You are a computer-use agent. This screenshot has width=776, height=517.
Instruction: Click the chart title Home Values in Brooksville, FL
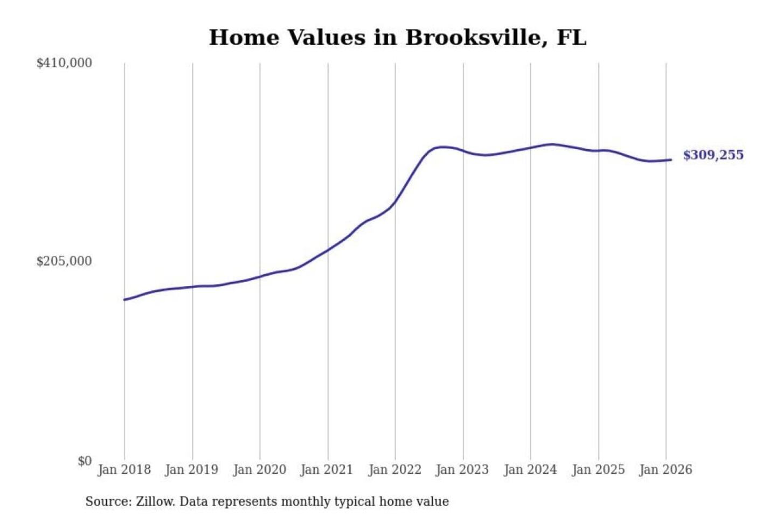coord(397,38)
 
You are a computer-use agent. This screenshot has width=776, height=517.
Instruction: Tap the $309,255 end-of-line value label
coord(713,155)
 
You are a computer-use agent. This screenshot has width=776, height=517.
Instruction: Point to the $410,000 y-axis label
coord(64,63)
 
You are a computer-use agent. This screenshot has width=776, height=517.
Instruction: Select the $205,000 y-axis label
coord(64,261)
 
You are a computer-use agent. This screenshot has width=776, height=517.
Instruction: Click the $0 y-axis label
coord(85,461)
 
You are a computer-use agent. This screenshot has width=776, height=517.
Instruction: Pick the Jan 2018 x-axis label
coord(124,470)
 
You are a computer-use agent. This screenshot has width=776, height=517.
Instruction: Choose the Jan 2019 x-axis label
coord(191,470)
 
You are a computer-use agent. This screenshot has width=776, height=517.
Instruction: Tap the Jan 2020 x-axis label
coord(259,470)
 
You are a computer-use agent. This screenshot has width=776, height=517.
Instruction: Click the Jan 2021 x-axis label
coord(327,470)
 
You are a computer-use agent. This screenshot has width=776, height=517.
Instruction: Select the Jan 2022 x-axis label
coord(394,470)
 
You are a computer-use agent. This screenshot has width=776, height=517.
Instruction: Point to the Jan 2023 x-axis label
coord(462,470)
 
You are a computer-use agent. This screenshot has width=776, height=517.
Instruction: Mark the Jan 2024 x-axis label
coord(530,470)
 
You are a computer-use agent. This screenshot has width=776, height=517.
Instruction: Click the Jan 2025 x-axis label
coord(598,470)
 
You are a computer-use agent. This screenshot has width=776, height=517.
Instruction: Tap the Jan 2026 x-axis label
coord(665,470)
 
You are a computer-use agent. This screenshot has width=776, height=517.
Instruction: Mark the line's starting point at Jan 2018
coord(125,299)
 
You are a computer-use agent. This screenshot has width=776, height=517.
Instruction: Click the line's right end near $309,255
coord(670,159)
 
